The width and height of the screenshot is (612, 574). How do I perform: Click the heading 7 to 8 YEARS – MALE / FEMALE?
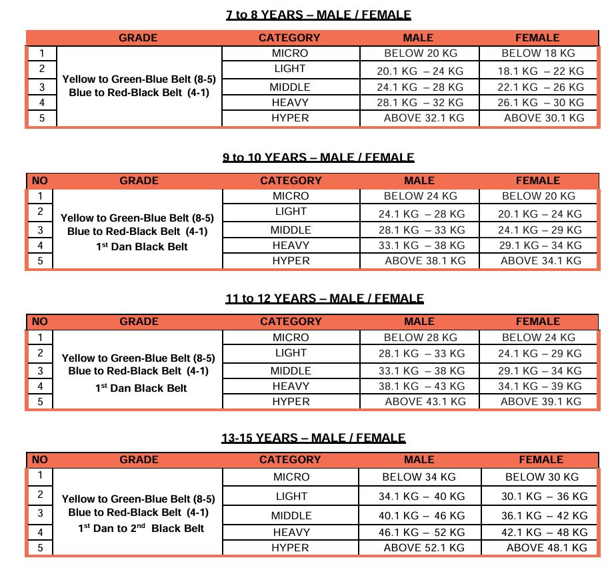[x=318, y=14]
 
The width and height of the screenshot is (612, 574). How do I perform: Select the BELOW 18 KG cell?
[x=537, y=53]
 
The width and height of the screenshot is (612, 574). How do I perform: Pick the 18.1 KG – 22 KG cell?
[x=541, y=71]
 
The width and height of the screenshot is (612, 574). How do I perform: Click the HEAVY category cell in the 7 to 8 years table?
[x=290, y=103]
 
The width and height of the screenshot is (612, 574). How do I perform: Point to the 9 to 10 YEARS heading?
[x=318, y=158]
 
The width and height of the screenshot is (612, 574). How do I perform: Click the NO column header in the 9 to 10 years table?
[x=39, y=180]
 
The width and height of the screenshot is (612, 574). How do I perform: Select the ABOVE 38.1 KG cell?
[x=425, y=261]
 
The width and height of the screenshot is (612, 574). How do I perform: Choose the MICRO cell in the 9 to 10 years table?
[x=291, y=196]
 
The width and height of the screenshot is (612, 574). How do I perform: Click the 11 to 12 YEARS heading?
[x=324, y=298]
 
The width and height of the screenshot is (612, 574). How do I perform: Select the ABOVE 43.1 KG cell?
[x=425, y=402]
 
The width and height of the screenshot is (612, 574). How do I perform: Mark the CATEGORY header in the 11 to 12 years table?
[x=291, y=322]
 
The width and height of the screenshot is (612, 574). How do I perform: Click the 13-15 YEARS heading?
[x=313, y=438]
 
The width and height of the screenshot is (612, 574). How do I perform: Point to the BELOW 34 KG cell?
[x=419, y=477]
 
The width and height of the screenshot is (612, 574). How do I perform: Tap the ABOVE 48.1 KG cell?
[x=547, y=548]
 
